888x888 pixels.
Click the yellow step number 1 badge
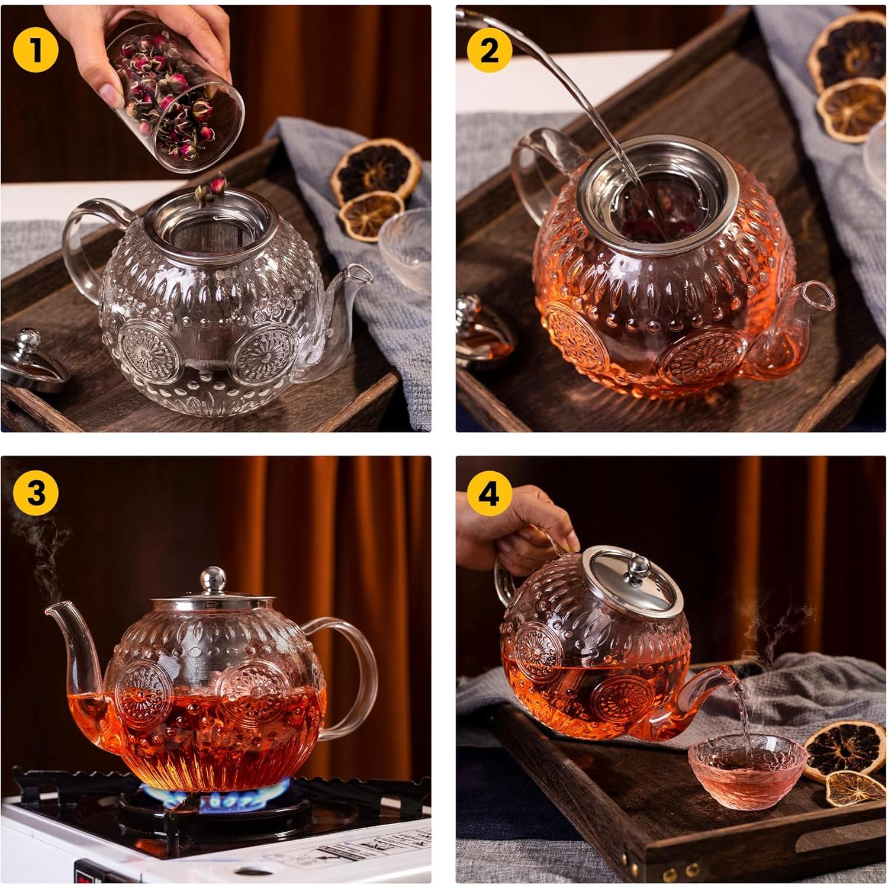tap(36, 50)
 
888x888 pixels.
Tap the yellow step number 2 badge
tap(489, 50)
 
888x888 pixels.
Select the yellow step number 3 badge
tap(36, 493)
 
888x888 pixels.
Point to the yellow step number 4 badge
tap(489, 493)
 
